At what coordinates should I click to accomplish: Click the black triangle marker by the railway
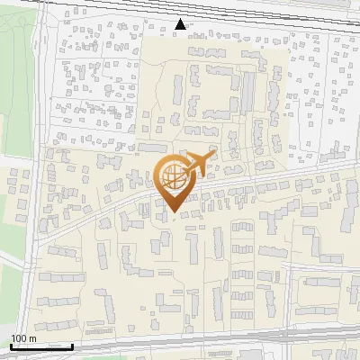pyautogui.click(x=182, y=24)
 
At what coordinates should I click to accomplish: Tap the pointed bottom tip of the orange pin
pyautogui.click(x=173, y=212)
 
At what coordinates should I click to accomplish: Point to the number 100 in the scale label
pyautogui.click(x=19, y=338)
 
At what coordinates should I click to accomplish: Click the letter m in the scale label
pyautogui.click(x=32, y=338)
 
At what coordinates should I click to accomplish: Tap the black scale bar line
pyautogui.click(x=41, y=346)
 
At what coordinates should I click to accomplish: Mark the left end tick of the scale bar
pyautogui.click(x=10, y=345)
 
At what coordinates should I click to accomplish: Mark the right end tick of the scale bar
pyautogui.click(x=73, y=345)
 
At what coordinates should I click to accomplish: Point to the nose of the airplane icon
pyautogui.click(x=215, y=154)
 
